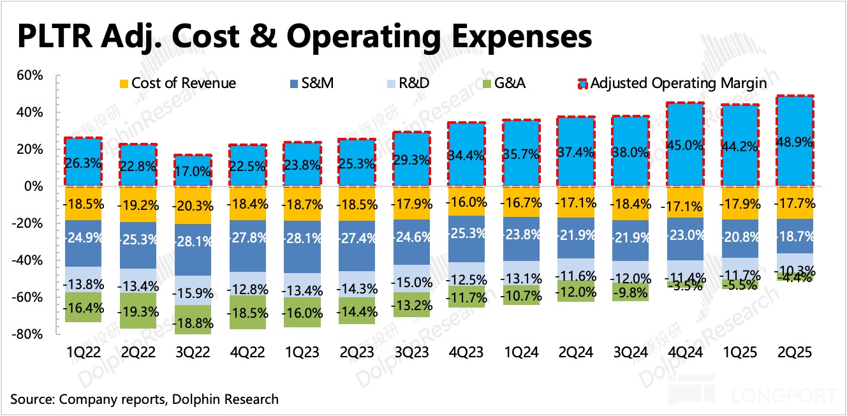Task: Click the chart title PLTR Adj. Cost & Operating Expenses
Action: pyautogui.click(x=304, y=36)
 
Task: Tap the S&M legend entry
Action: pyautogui.click(x=319, y=83)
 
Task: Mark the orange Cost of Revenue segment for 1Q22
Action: pyautogui.click(x=83, y=203)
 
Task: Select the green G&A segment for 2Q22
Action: pyautogui.click(x=138, y=310)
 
